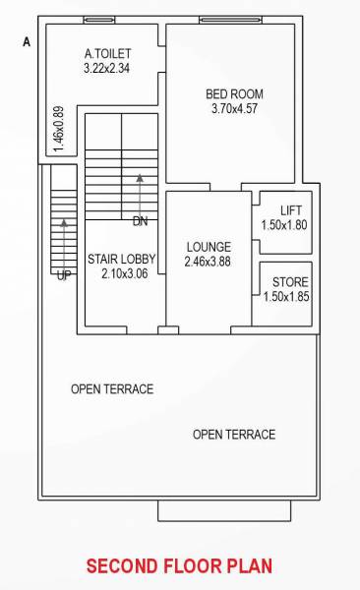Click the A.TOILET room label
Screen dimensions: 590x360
(x=107, y=53)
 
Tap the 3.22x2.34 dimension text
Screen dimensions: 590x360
(x=107, y=69)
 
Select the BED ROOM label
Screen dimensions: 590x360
(x=234, y=94)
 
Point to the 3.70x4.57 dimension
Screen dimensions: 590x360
(x=234, y=109)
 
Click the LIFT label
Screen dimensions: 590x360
(x=291, y=210)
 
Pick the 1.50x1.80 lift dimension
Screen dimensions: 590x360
(x=284, y=225)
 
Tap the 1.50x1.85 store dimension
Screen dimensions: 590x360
(x=286, y=296)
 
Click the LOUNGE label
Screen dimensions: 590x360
(x=209, y=247)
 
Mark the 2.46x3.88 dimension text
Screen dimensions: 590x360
(x=209, y=262)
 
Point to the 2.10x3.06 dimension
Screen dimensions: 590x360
(x=124, y=274)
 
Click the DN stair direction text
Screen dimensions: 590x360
(x=140, y=221)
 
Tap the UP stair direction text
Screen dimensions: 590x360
(x=64, y=276)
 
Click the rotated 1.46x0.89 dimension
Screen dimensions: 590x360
(x=59, y=128)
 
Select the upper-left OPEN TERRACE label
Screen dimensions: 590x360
(x=112, y=389)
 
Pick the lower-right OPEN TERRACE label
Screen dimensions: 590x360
(x=234, y=435)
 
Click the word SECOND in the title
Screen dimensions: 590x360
(x=122, y=566)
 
